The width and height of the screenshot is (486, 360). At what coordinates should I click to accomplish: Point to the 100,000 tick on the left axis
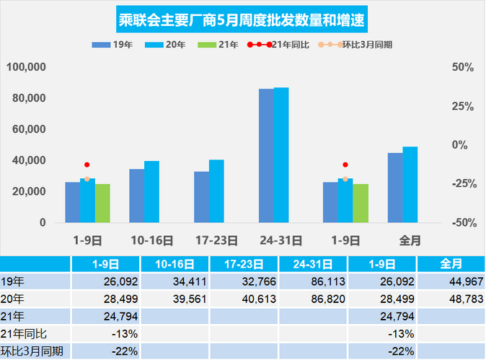coord(26,68)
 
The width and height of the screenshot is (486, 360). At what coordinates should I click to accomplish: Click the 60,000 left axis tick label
coord(29,130)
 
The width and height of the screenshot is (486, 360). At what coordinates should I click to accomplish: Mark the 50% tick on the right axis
coord(461,68)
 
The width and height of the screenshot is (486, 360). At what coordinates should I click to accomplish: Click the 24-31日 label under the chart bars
coord(280,239)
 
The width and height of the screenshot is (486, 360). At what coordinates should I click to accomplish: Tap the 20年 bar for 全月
coord(410,185)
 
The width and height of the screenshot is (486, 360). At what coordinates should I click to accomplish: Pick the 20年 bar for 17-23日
coord(216,191)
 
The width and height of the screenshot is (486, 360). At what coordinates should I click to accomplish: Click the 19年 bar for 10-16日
coord(136,196)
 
